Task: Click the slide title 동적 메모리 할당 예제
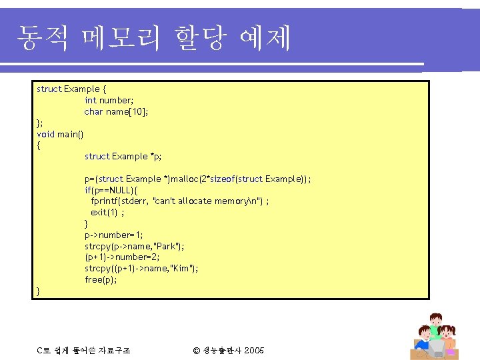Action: (x=153, y=37)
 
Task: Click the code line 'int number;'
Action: (x=109, y=100)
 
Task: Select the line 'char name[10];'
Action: (x=116, y=111)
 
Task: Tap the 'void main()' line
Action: (x=60, y=134)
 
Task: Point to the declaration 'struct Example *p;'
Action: (x=123, y=156)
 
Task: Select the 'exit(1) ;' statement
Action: (x=107, y=212)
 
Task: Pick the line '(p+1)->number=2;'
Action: (x=122, y=257)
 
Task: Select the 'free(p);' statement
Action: (x=101, y=279)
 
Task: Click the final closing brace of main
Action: (x=39, y=291)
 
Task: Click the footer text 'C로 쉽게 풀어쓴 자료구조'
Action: (x=83, y=350)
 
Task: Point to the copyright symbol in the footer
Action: (x=196, y=350)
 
